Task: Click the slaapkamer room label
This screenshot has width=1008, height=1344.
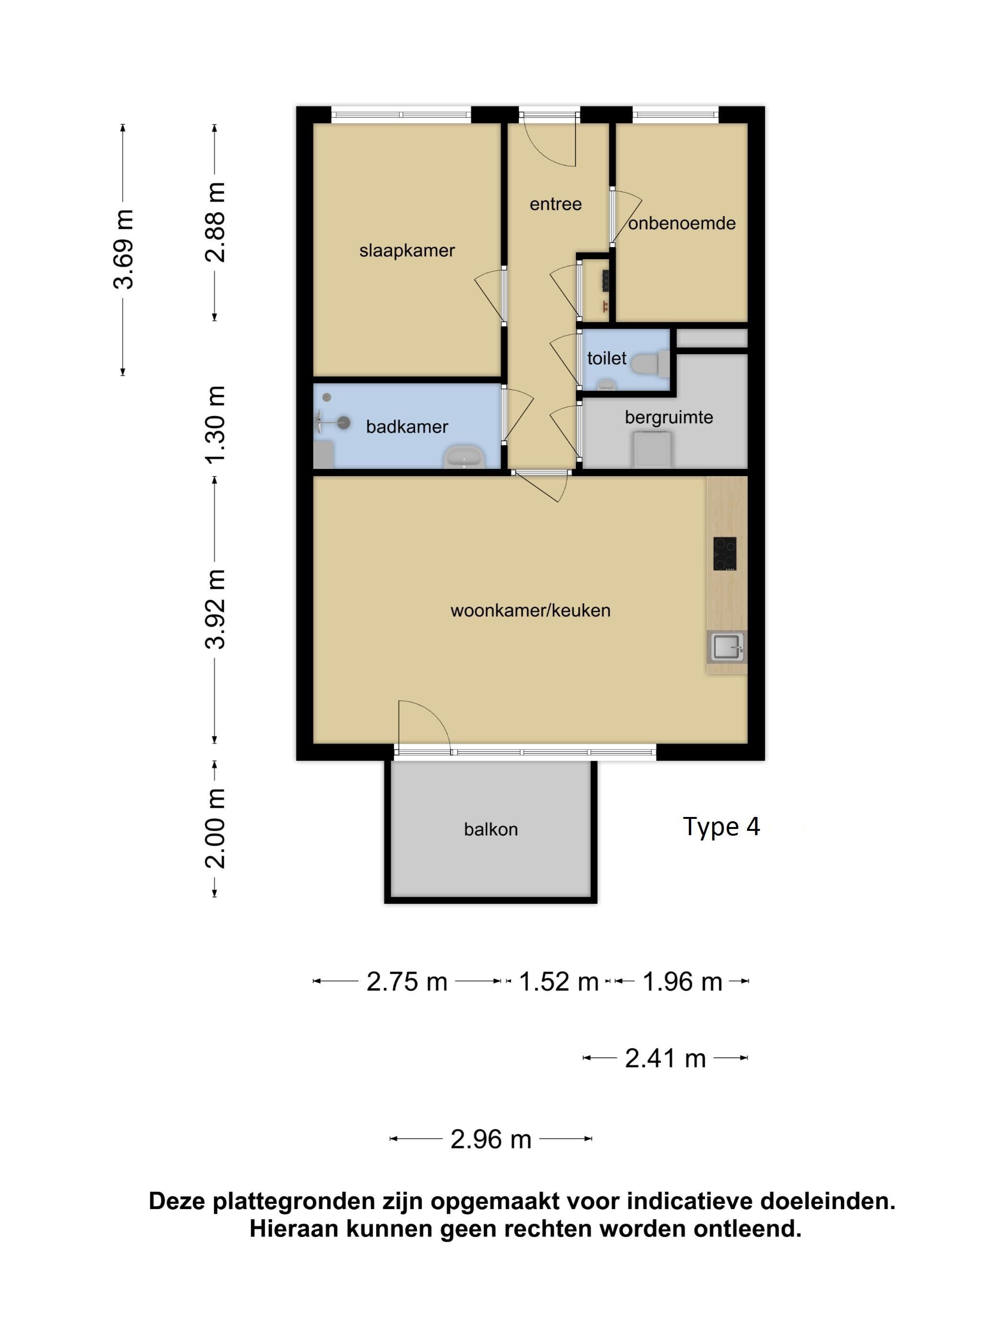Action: click(x=407, y=251)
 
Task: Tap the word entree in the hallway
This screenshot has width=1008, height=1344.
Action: click(x=555, y=204)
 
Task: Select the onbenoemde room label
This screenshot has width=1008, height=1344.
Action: click(x=682, y=223)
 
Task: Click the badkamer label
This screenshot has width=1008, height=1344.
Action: click(x=407, y=427)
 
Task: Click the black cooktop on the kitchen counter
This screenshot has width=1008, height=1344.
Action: click(x=725, y=553)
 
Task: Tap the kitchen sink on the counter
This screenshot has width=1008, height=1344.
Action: click(x=727, y=647)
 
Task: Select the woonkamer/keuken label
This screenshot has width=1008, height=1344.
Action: click(x=530, y=610)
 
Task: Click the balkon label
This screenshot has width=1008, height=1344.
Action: click(x=491, y=829)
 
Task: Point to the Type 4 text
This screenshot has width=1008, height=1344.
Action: click(x=721, y=827)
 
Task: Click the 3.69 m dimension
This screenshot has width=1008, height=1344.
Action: click(x=123, y=249)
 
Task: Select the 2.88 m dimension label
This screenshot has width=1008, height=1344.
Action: click(x=215, y=222)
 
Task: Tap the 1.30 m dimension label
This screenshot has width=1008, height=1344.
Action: click(x=215, y=425)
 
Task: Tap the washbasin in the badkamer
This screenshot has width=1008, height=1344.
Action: click(x=465, y=456)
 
